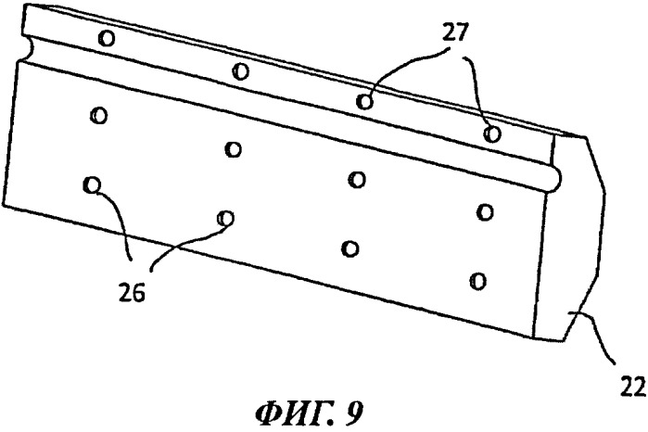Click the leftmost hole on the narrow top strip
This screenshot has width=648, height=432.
(108, 38)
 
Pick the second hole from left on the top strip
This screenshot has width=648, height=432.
(240, 70)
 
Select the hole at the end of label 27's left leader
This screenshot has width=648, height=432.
(365, 101)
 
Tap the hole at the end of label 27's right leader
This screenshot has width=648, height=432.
(492, 133)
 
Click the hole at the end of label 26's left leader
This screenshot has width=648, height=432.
(91, 184)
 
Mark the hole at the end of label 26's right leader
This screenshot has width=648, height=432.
(223, 217)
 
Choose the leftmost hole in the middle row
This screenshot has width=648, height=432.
(98, 115)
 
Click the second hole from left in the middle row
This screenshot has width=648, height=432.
(232, 147)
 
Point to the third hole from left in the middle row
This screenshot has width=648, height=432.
(357, 178)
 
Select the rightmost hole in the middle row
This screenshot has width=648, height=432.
(483, 210)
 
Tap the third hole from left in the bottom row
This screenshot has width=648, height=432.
(349, 248)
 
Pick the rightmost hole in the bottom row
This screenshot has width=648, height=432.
(477, 279)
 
